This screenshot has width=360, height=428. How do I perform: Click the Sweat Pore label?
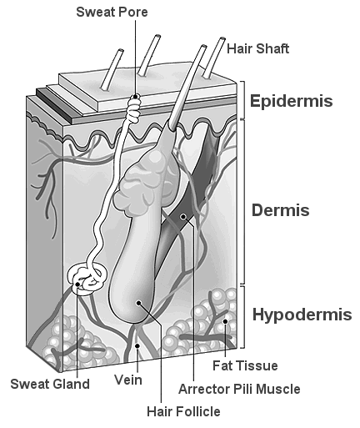(112, 13)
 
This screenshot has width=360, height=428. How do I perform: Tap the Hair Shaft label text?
(257, 48)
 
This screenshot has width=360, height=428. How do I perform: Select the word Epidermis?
(291, 101)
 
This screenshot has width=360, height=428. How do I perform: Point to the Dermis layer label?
(280, 210)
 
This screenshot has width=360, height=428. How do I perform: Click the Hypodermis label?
(302, 315)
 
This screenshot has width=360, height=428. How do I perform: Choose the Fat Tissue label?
(245, 365)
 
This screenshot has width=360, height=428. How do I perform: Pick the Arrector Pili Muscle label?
(239, 389)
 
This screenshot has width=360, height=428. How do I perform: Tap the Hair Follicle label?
(183, 411)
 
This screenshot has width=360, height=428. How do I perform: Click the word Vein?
(128, 380)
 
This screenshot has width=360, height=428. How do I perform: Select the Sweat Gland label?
(50, 384)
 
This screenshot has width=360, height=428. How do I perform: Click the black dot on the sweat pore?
(136, 96)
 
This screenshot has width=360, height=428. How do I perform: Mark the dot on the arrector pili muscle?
(183, 216)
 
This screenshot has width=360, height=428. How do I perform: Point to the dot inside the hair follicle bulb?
(138, 303)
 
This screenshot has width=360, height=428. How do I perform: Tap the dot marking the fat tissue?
(225, 321)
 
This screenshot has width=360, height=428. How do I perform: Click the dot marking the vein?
(137, 345)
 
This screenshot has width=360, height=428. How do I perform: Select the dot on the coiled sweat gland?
(77, 284)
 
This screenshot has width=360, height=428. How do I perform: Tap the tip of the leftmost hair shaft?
(121, 50)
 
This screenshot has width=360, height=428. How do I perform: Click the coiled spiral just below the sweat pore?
(134, 109)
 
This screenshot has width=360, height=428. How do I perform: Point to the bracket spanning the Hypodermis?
(243, 316)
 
